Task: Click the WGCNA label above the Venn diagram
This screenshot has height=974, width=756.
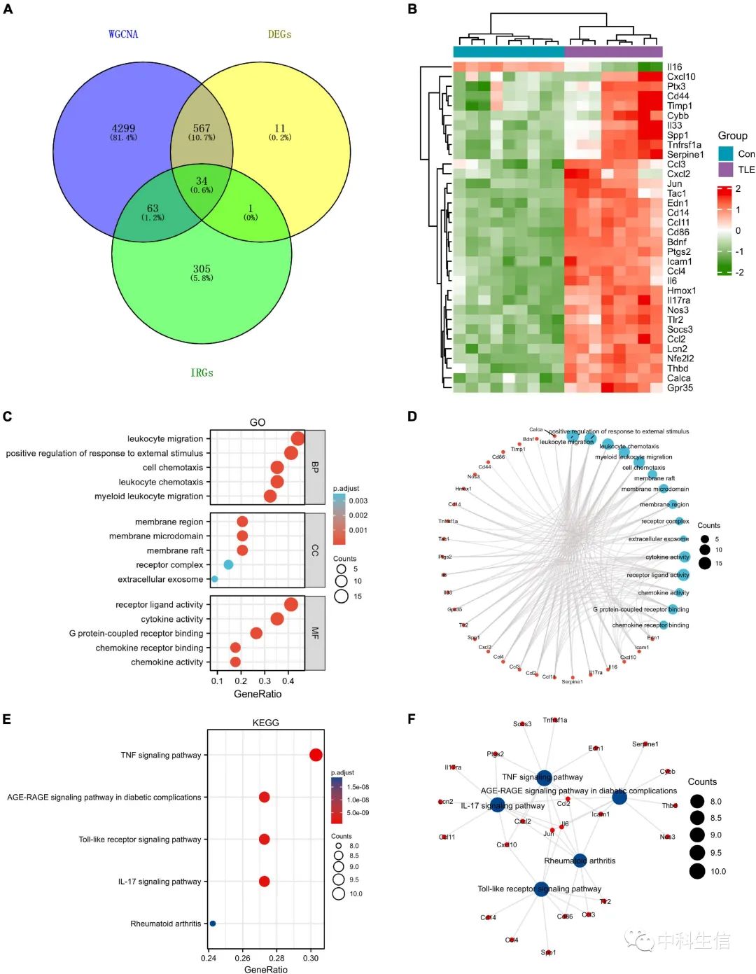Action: (x=123, y=34)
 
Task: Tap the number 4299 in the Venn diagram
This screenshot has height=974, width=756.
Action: (x=123, y=128)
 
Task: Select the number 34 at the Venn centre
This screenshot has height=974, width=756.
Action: (x=202, y=181)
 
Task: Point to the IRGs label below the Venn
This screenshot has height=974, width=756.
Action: (x=202, y=373)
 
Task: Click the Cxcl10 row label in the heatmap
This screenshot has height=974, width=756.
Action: (x=681, y=77)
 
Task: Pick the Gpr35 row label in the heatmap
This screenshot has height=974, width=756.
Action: (x=680, y=388)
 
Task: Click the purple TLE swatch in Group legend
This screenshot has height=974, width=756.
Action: (x=725, y=169)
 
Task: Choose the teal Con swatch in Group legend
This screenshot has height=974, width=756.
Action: (x=725, y=153)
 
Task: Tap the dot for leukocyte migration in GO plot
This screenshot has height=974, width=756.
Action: (x=297, y=439)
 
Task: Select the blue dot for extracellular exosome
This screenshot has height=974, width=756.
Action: (x=214, y=579)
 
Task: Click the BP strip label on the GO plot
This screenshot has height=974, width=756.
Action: (x=315, y=467)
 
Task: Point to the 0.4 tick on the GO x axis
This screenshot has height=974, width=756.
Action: (x=288, y=681)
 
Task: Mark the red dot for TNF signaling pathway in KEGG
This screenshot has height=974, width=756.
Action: (x=316, y=755)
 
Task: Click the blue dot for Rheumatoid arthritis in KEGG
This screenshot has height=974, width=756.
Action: (x=213, y=924)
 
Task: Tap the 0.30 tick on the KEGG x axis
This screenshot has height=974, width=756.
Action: (x=311, y=958)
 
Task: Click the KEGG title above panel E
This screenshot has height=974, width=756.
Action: (x=265, y=723)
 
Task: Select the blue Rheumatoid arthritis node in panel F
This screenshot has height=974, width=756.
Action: (x=580, y=861)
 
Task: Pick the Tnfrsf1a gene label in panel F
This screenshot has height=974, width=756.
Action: (x=555, y=720)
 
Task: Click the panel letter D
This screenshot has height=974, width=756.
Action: (x=412, y=417)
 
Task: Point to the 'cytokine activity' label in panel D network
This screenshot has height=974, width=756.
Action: (x=667, y=557)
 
